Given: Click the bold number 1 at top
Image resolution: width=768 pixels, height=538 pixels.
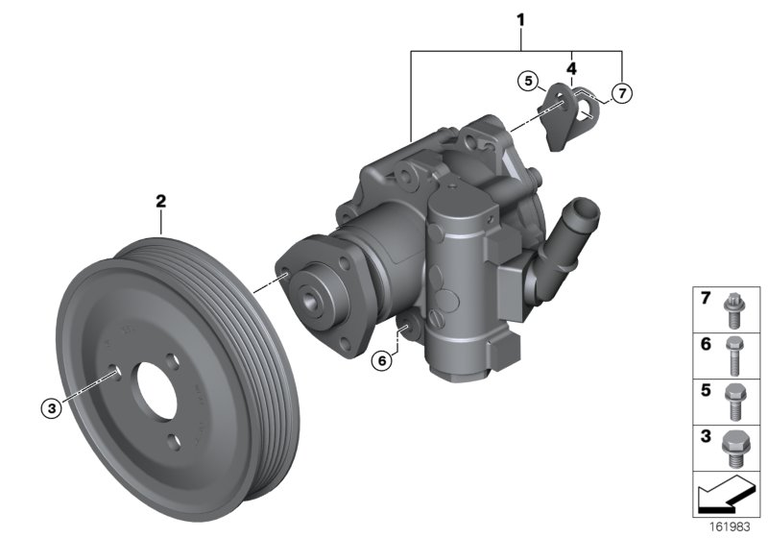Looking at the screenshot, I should tap(520, 18).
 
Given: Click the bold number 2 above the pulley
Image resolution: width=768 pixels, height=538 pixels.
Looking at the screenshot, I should tap(161, 202).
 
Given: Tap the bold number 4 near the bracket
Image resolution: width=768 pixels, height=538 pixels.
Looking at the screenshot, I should tap(571, 69).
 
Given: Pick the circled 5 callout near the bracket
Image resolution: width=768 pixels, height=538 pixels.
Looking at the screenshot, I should tap(527, 82).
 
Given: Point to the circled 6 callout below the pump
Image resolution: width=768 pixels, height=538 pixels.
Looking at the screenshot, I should tap(381, 360).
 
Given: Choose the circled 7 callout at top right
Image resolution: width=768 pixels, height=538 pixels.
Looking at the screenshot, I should tap(622, 93).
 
